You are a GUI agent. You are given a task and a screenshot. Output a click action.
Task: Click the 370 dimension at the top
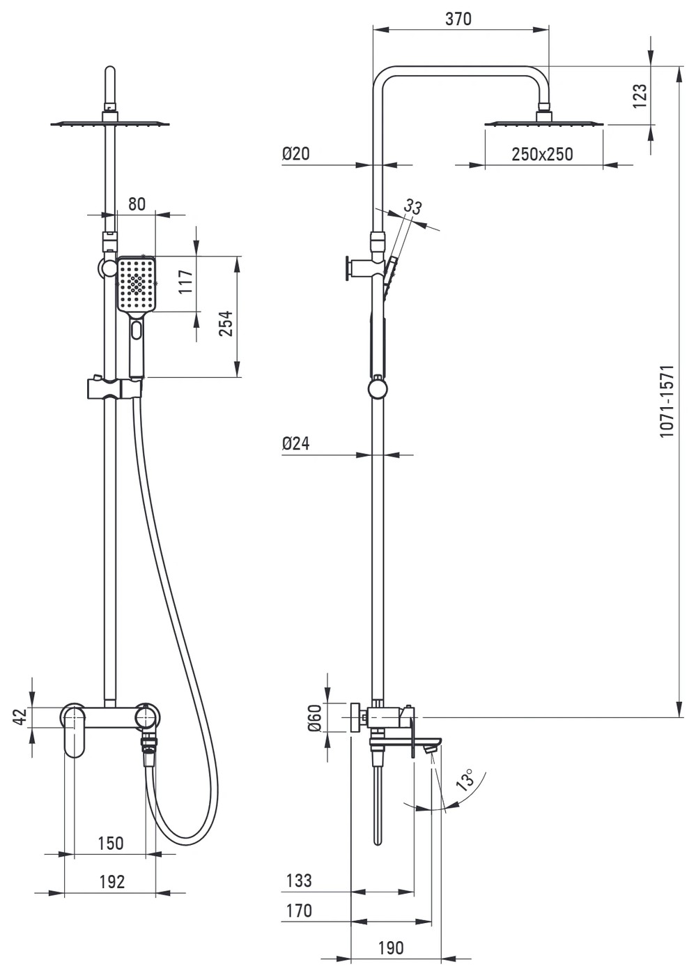pos(458,20)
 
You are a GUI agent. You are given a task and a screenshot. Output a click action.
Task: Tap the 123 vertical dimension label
pos(640,96)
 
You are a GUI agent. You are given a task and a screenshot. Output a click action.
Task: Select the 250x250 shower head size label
pos(541,154)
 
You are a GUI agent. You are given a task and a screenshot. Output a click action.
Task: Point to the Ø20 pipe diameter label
pos(295,153)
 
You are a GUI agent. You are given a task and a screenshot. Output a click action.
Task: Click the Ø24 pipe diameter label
pos(295,443)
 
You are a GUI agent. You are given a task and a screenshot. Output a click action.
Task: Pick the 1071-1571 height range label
pos(666,402)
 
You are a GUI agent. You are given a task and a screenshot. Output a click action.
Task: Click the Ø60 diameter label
pos(314,717)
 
